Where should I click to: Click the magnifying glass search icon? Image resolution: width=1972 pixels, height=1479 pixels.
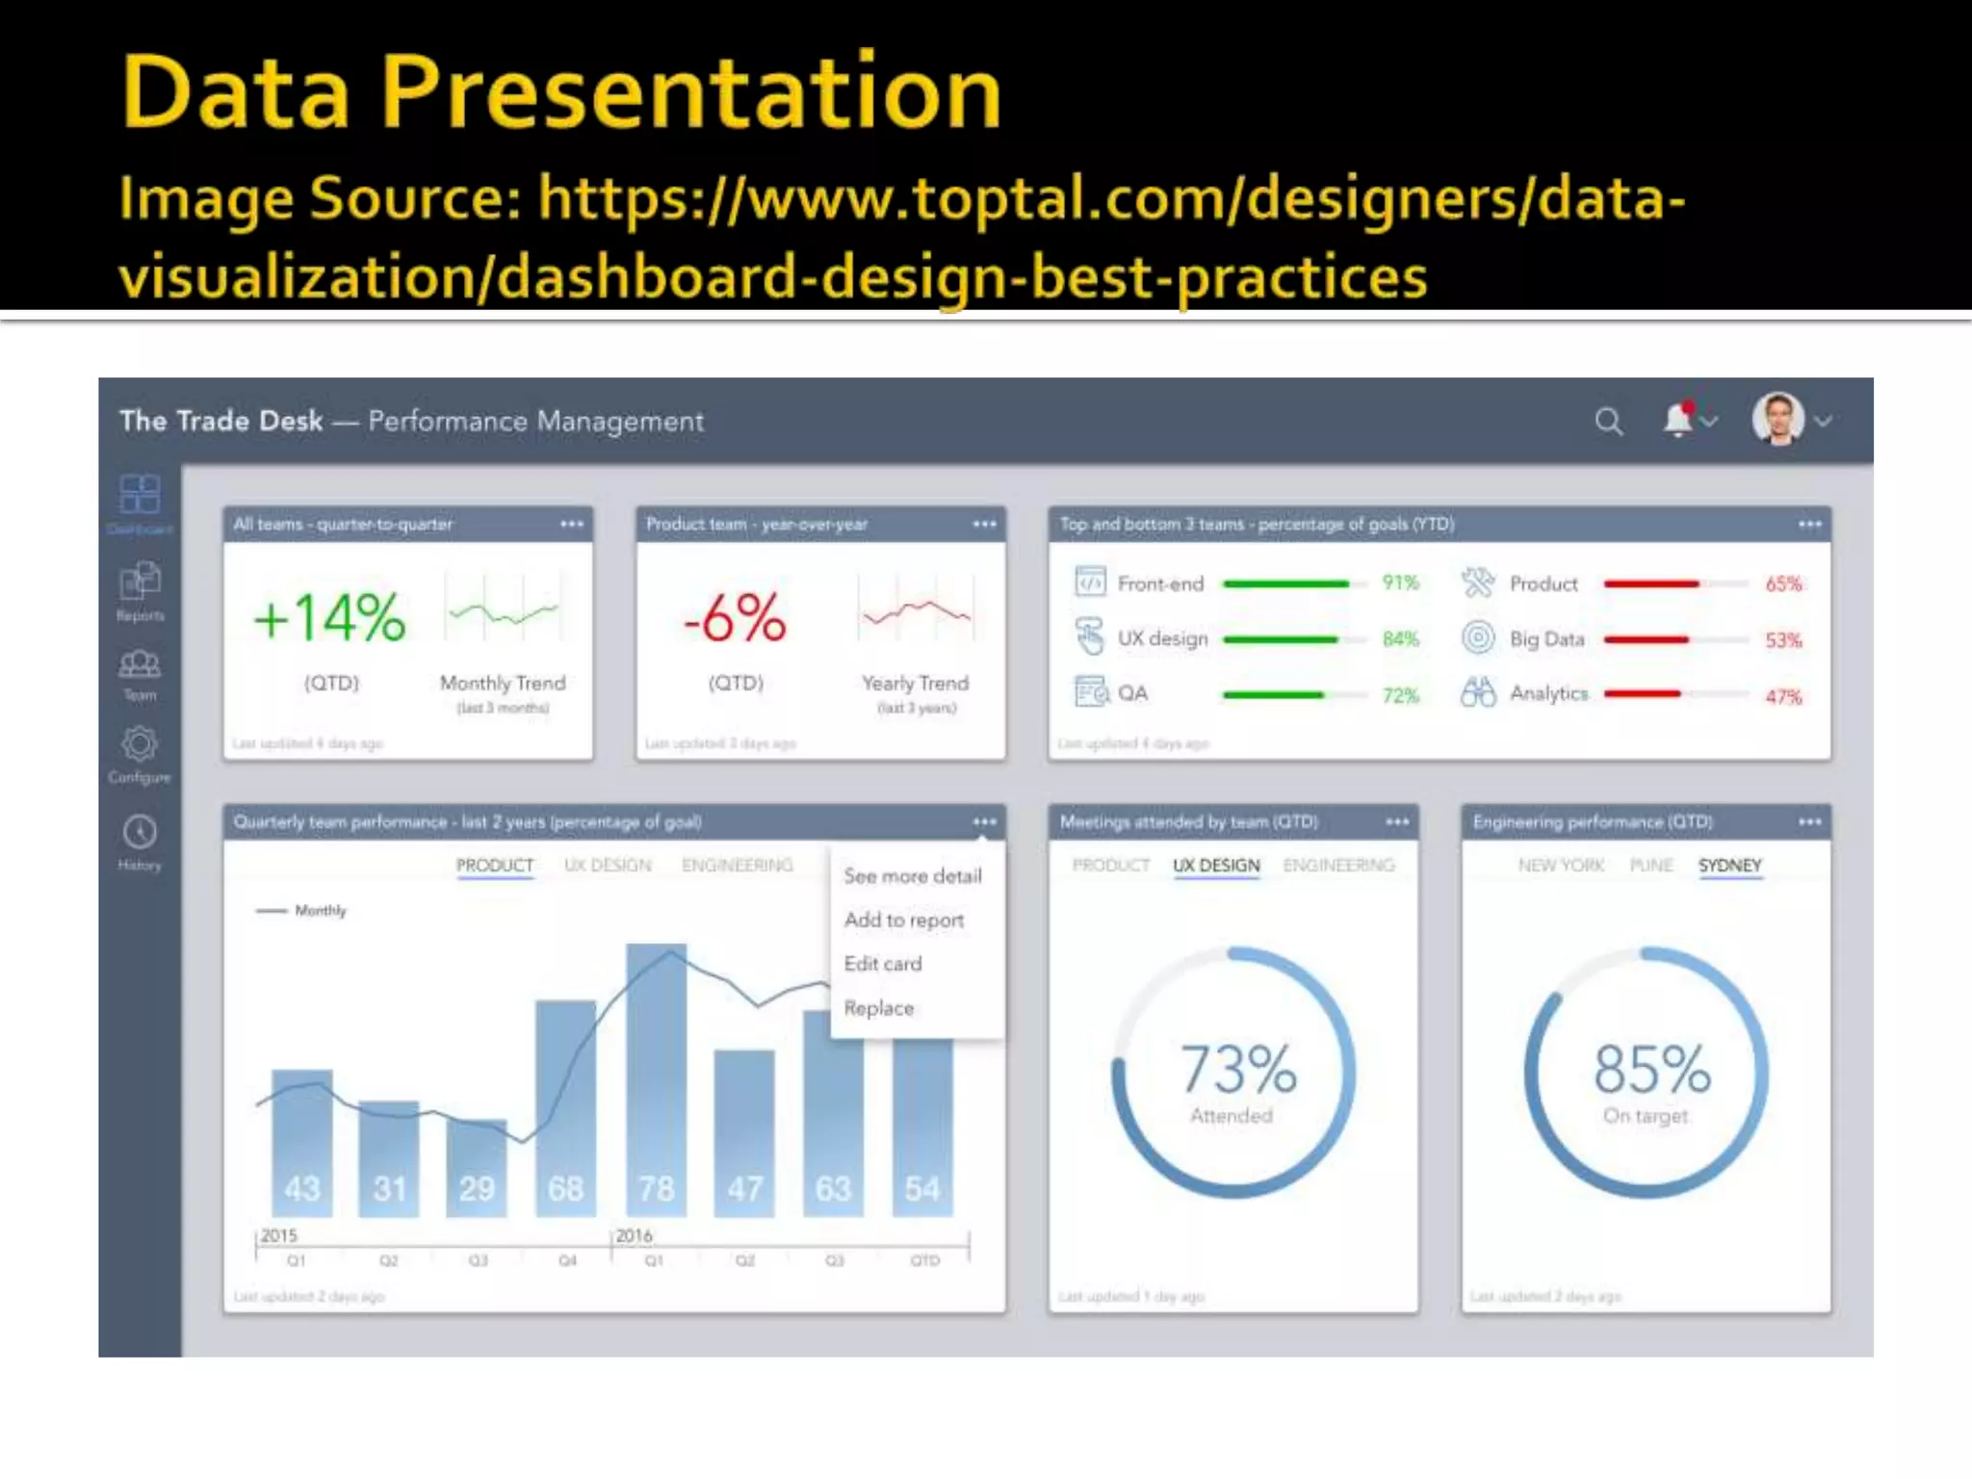point(1608,422)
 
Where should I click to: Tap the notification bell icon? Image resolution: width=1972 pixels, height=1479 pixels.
point(1678,420)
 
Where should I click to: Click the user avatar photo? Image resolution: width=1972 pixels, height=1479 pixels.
point(1777,419)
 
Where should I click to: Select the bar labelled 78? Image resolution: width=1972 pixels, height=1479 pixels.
point(656,1078)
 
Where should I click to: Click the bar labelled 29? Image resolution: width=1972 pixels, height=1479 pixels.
point(477,1167)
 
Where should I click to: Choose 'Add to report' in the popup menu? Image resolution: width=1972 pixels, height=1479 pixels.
point(903,920)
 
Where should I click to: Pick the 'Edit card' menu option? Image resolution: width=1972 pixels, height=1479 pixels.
point(882,964)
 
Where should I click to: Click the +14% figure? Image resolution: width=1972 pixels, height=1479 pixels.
point(329,617)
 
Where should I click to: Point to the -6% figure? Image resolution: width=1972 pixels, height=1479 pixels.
point(735,617)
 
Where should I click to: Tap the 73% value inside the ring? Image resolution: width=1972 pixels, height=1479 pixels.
point(1238,1069)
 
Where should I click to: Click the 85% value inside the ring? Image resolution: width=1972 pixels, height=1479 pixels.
point(1651,1069)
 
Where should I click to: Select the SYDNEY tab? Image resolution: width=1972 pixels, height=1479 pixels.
point(1729,865)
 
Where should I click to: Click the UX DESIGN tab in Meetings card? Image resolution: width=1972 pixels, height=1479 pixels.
point(1215,865)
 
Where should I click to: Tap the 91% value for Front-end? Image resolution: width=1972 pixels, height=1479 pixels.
point(1400,583)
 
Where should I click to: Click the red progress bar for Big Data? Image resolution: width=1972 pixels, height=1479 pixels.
point(1646,639)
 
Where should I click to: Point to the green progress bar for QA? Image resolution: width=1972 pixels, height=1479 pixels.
point(1273,694)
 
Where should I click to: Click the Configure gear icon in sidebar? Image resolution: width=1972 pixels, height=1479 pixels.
point(140,744)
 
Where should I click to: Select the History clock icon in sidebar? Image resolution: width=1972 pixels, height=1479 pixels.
point(140,832)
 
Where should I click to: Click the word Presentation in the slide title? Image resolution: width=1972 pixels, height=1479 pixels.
point(691,92)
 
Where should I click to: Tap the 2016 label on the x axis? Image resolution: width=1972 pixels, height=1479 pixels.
point(634,1235)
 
